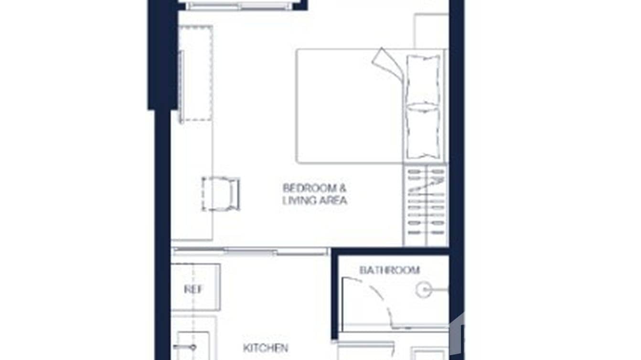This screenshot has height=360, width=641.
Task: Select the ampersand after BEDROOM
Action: [x=343, y=188]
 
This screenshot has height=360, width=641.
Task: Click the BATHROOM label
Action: [x=389, y=270]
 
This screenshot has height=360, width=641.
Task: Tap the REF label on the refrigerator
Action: [x=193, y=290]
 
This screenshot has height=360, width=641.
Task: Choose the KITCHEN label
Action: [x=266, y=348]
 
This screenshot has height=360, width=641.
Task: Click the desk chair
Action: [x=221, y=193]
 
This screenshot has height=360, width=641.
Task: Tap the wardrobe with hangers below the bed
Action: [x=425, y=205]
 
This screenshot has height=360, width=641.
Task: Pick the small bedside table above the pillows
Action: [x=430, y=31]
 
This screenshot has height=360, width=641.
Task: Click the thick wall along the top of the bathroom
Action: [x=390, y=251]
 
